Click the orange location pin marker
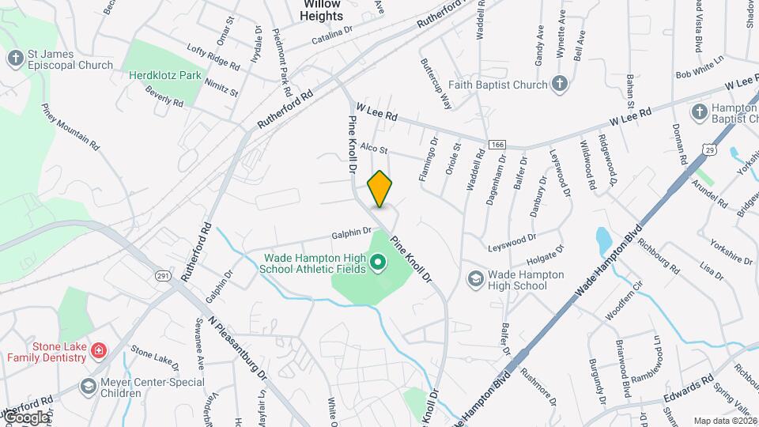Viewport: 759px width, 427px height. pyautogui.click(x=379, y=189)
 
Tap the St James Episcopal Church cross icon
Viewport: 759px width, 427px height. pyautogui.click(x=15, y=59)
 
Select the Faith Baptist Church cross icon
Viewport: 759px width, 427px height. pyautogui.click(x=559, y=84)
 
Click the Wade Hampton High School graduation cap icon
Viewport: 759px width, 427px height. pyautogui.click(x=475, y=278)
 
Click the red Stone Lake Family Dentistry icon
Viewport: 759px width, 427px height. pyautogui.click(x=98, y=350)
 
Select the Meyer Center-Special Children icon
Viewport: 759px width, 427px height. pyautogui.click(x=88, y=386)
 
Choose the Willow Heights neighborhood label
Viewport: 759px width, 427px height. pyautogui.click(x=323, y=9)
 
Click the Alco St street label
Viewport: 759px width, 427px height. pyautogui.click(x=374, y=149)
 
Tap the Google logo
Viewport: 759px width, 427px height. pyautogui.click(x=25, y=417)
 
